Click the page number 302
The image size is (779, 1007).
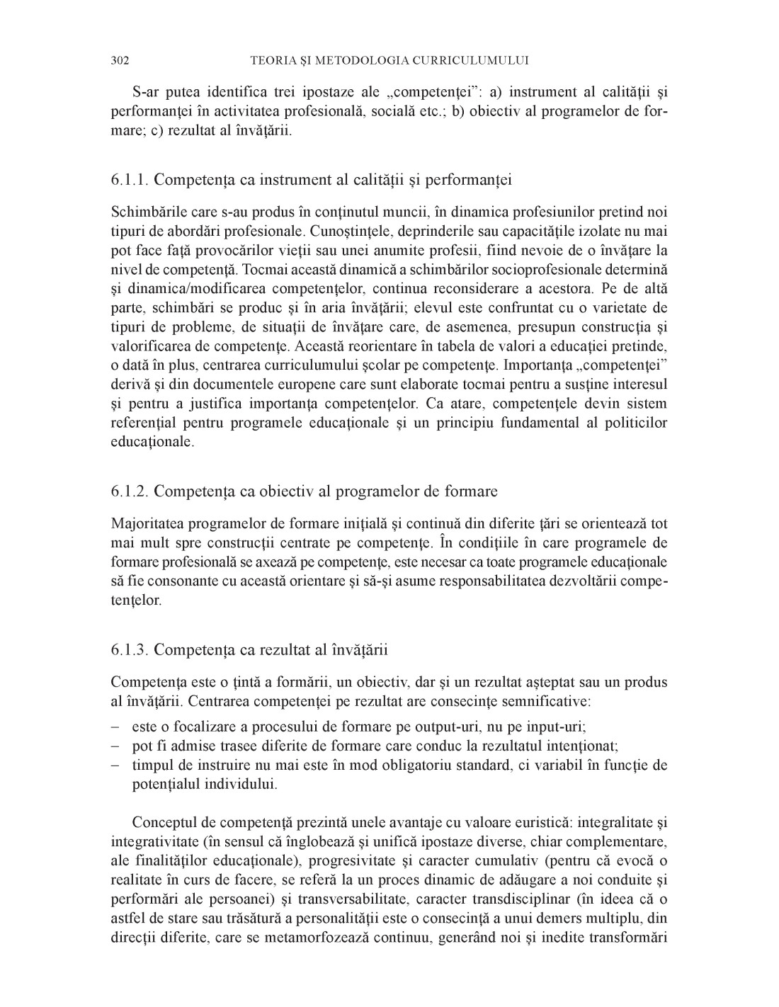click(x=120, y=60)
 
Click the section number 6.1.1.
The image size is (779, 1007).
click(x=130, y=179)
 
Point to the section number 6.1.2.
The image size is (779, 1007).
click(x=130, y=491)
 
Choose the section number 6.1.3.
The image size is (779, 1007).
click(x=130, y=649)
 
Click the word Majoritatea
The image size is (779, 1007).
click(x=148, y=524)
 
